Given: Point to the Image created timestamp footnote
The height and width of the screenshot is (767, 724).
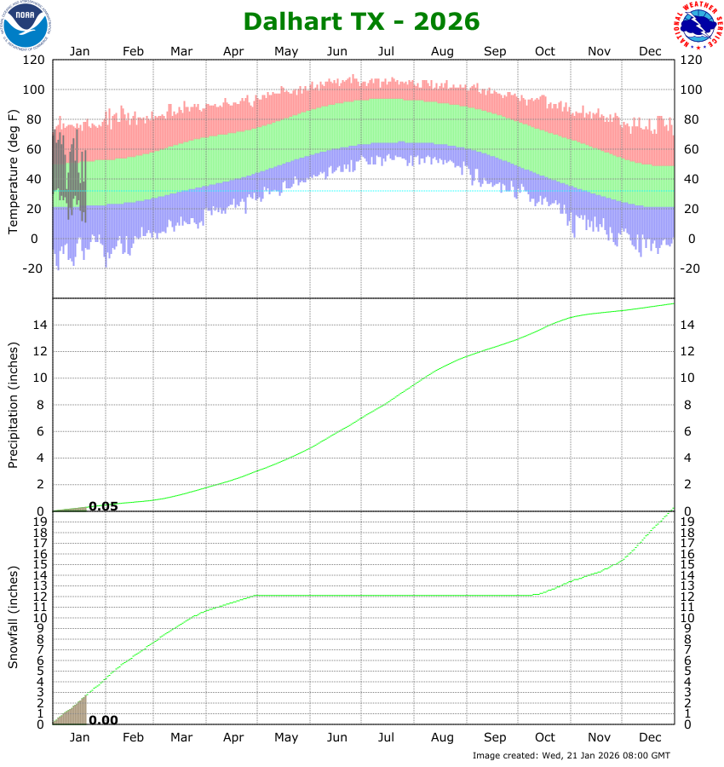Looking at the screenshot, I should [x=572, y=755].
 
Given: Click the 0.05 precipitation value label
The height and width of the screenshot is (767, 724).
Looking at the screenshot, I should [x=103, y=506].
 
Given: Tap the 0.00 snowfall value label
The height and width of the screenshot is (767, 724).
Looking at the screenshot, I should [x=103, y=720].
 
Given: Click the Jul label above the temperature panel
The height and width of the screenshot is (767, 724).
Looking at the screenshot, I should [x=387, y=51].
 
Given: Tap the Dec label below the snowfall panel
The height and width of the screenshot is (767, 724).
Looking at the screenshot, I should [x=651, y=737].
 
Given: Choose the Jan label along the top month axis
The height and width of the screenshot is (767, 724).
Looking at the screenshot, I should [x=79, y=51].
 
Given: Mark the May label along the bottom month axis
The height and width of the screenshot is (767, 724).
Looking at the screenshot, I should [x=286, y=737].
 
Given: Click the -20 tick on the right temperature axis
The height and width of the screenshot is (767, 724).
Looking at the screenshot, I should [x=691, y=268].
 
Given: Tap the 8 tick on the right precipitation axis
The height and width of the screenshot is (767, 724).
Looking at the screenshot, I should [x=686, y=405].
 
